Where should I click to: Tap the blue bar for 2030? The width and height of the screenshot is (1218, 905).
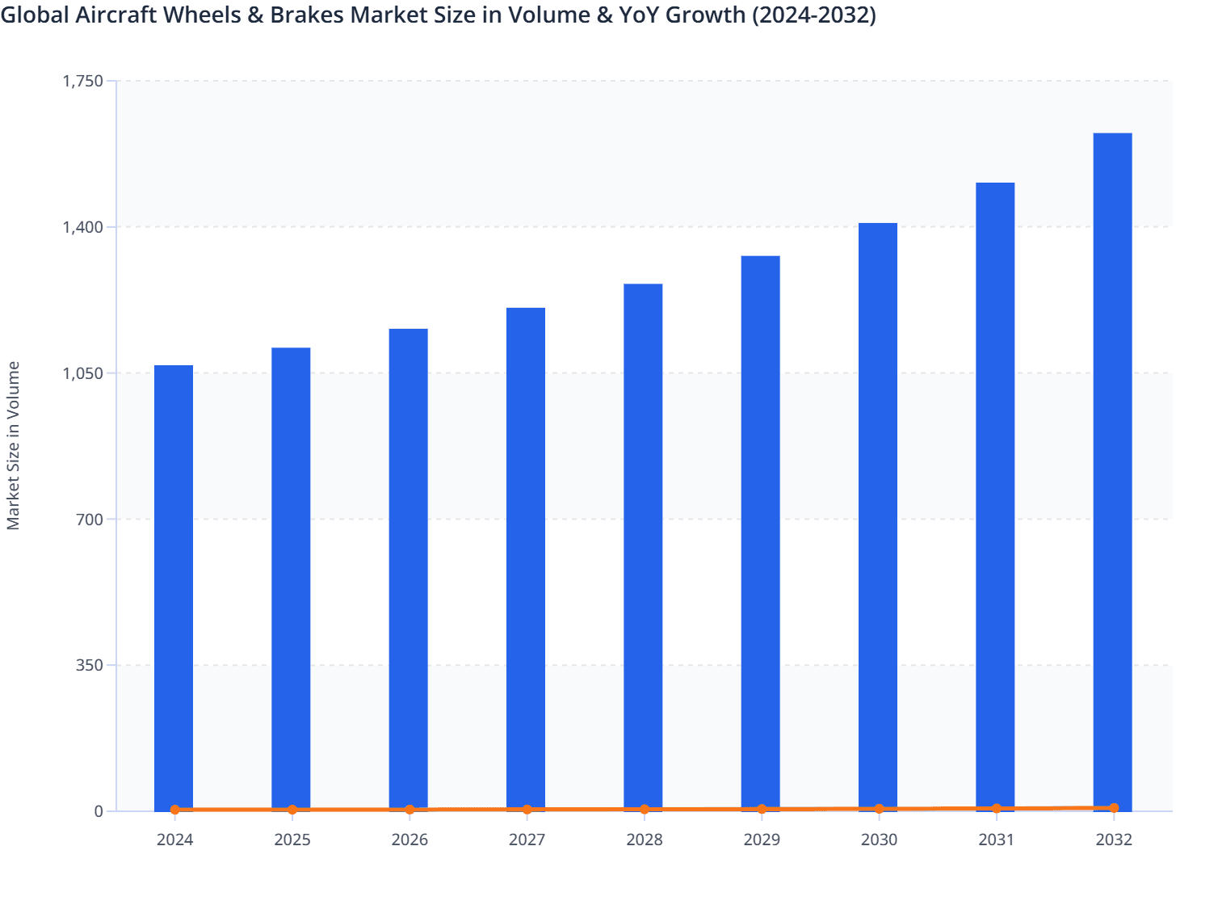pyautogui.click(x=878, y=516)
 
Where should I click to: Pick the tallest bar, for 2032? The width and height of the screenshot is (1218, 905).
pyautogui.click(x=1112, y=472)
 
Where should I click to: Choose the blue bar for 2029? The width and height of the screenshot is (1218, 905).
pyautogui.click(x=761, y=533)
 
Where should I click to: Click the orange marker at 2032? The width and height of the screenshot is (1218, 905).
pyautogui.click(x=1114, y=808)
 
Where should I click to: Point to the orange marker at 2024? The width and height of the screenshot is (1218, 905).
pyautogui.click(x=175, y=810)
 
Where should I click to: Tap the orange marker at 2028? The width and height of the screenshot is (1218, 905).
pyautogui.click(x=645, y=809)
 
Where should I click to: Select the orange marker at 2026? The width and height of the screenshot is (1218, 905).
pyautogui.click(x=409, y=810)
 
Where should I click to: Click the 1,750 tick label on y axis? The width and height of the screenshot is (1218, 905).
pyautogui.click(x=83, y=81)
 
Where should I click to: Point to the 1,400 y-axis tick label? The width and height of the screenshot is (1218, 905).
pyautogui.click(x=83, y=227)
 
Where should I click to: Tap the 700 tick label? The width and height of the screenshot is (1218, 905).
pyautogui.click(x=90, y=519)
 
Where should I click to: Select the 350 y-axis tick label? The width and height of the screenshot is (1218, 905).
pyautogui.click(x=90, y=665)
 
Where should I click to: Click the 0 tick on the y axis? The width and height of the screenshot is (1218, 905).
pyautogui.click(x=99, y=811)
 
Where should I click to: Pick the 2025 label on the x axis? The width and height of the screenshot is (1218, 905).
pyautogui.click(x=292, y=840)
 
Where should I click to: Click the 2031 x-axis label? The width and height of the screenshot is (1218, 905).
pyautogui.click(x=996, y=840)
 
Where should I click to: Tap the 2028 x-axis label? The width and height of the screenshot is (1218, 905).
pyautogui.click(x=645, y=840)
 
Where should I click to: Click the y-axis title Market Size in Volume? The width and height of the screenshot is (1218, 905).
pyautogui.click(x=13, y=445)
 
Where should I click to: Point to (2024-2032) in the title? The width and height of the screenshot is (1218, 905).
pyautogui.click(x=814, y=15)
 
